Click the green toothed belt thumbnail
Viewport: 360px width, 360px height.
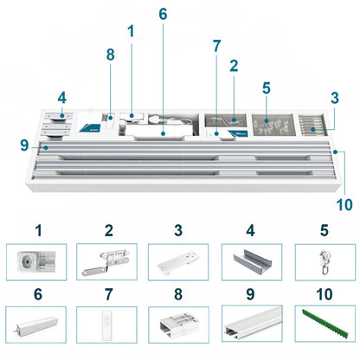pos(325,324)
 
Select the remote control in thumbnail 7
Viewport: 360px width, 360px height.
pos(106,325)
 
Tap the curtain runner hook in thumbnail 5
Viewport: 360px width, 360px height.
pos(325,262)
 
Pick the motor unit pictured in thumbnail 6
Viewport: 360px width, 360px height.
pos(36,326)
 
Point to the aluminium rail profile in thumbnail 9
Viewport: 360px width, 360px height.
pos(253,324)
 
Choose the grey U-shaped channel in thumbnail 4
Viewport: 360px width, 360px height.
pos(252,262)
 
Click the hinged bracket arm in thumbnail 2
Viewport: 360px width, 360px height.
pos(106,262)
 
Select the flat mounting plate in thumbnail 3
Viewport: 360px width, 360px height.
pos(179,261)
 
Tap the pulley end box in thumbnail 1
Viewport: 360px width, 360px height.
pos(36,262)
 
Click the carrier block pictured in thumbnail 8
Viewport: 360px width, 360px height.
pos(179,325)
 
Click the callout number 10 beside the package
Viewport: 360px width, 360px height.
pos(344,205)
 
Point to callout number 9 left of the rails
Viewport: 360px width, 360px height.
pos(24,145)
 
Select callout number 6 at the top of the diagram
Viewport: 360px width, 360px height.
pos(163,14)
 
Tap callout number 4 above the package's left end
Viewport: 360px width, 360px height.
pos(62,98)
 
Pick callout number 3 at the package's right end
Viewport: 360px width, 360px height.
pos(335,98)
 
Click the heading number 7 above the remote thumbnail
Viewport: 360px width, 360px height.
pos(108,294)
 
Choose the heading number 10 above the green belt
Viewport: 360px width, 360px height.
pos(325,294)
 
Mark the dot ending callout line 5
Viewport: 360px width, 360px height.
pos(267,120)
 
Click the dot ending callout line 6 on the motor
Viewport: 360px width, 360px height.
pos(163,133)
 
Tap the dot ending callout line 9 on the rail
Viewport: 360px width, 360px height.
pos(46,148)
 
